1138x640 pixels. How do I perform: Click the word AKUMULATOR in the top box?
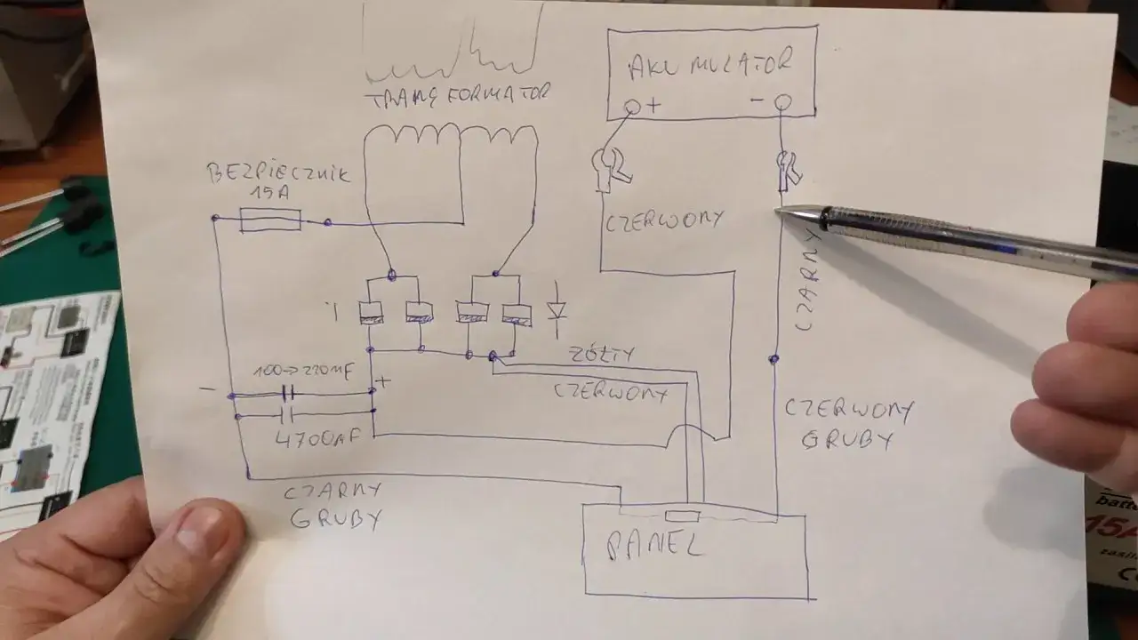[709, 64]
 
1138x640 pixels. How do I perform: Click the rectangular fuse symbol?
[270, 220]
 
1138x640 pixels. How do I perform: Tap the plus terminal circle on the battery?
[632, 108]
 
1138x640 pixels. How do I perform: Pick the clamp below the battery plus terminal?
[610, 166]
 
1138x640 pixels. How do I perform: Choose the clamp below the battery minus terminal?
[788, 171]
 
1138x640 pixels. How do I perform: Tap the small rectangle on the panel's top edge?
[682, 516]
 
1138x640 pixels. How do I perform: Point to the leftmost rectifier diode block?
[372, 311]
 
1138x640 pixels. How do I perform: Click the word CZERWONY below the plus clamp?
[663, 221]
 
